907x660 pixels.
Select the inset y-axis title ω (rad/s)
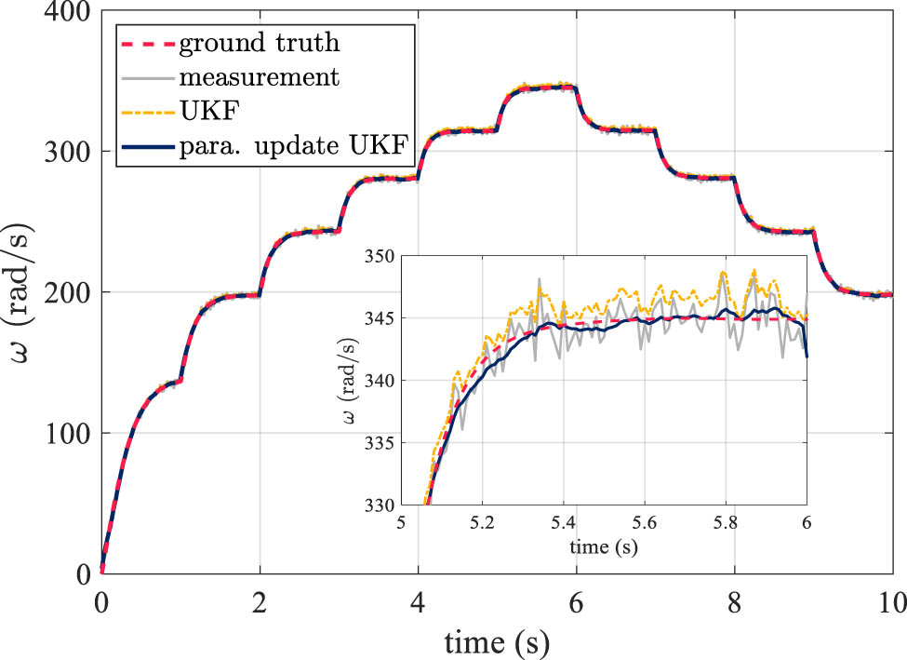coord(347,382)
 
